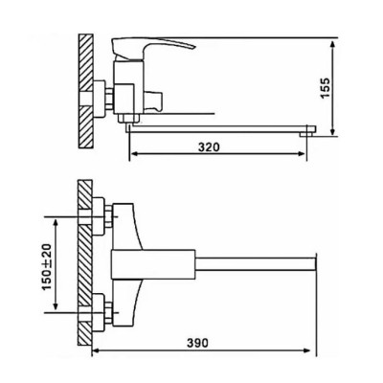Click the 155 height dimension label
pyautogui.click(x=325, y=87)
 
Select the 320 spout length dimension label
pyautogui.click(x=209, y=147)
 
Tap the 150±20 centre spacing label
pyautogui.click(x=47, y=267)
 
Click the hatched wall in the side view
pyautogui.click(x=85, y=91)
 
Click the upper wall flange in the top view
pyautogui.click(x=99, y=216)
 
